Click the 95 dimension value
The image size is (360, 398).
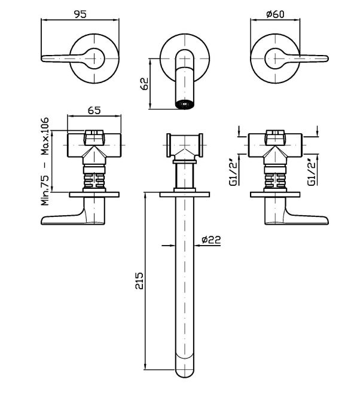[80, 14]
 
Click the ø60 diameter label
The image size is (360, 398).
[276, 14]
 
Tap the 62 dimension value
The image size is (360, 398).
[144, 84]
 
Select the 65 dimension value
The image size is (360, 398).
[94, 110]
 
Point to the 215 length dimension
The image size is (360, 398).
[139, 281]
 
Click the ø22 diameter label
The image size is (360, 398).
[211, 240]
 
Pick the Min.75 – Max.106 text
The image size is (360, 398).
[45, 161]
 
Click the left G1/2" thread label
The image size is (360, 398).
[233, 173]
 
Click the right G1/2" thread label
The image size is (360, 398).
[312, 172]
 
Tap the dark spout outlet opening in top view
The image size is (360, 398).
[185, 104]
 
